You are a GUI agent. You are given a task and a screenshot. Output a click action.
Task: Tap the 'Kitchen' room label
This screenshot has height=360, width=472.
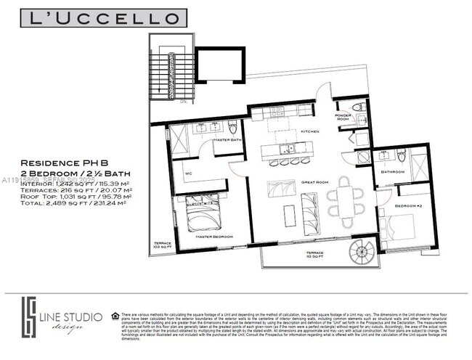(x=290, y=131)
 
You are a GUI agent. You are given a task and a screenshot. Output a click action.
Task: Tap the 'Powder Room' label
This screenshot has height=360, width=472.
(x=343, y=118)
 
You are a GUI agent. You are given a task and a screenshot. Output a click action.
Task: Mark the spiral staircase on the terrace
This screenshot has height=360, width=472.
(x=360, y=254)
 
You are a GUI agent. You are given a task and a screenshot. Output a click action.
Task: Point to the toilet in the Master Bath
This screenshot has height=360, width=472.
(x=233, y=128)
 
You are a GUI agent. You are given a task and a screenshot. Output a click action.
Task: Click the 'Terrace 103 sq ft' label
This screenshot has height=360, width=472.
(x=161, y=246)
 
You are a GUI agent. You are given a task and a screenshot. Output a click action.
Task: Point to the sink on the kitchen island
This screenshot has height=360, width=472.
(x=290, y=149)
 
